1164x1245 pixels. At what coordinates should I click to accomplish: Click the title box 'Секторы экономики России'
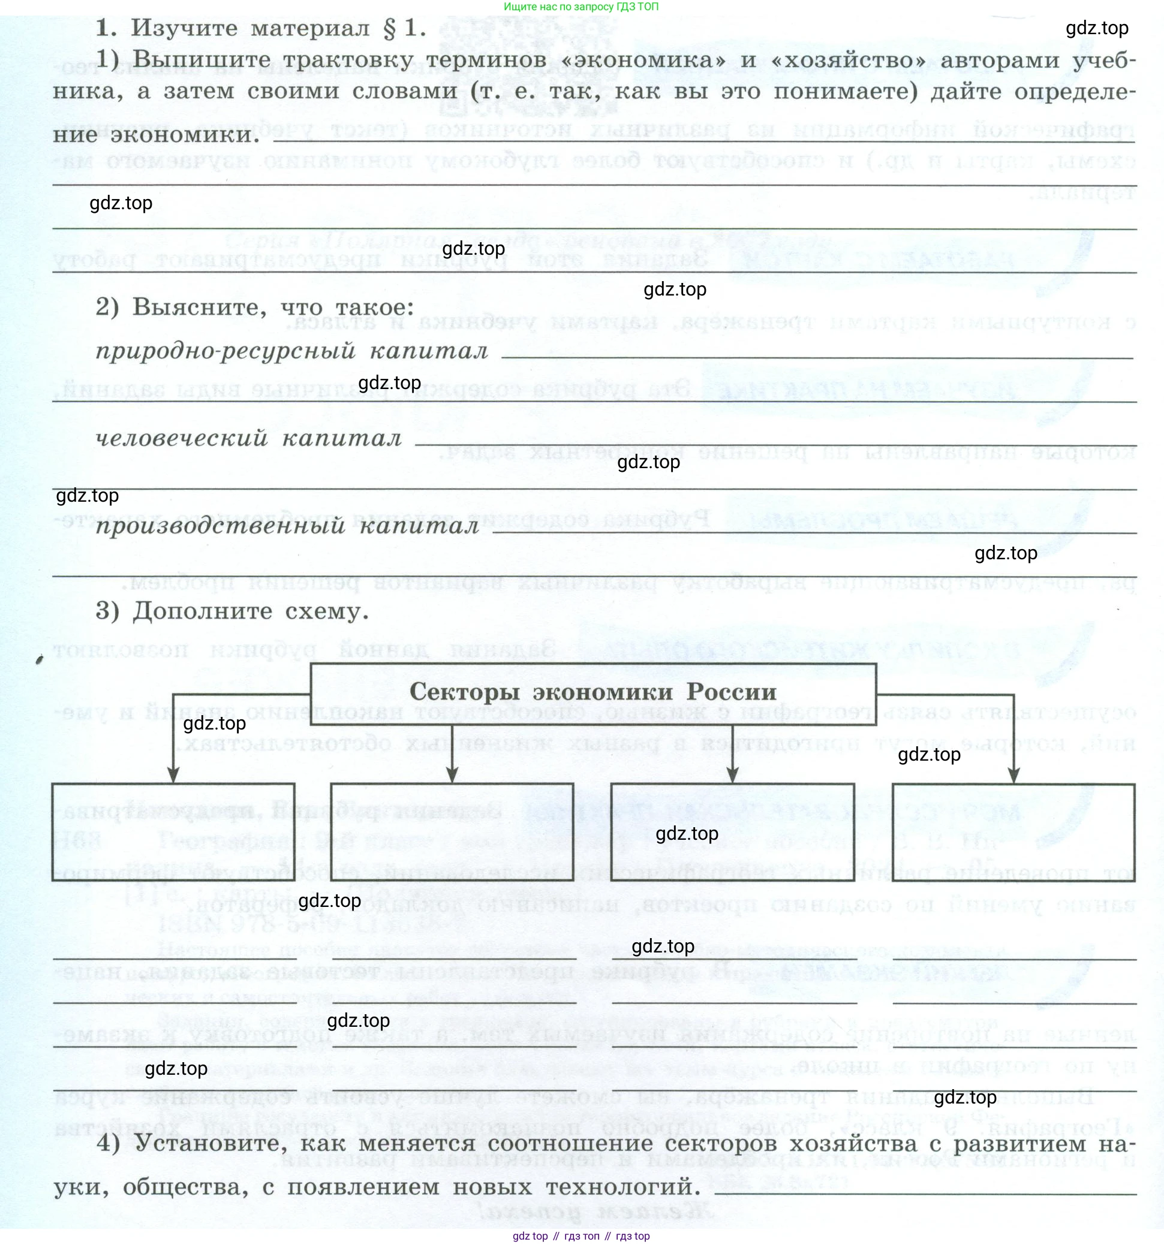click(592, 694)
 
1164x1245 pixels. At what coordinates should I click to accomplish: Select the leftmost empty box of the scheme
click(173, 831)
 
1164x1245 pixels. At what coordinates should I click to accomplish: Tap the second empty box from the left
click(452, 831)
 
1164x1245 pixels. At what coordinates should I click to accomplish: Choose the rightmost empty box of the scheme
click(1013, 831)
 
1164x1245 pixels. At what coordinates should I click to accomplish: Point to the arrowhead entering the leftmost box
click(173, 774)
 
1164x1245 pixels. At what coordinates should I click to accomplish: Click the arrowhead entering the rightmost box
click(1013, 774)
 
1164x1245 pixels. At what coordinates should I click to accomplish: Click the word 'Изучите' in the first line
click(184, 28)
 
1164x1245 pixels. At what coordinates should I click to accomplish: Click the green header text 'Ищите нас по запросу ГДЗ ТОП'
click(581, 7)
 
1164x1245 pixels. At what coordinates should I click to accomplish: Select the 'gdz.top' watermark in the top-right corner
click(1096, 28)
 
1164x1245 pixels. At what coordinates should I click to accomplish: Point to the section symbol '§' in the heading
click(389, 29)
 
